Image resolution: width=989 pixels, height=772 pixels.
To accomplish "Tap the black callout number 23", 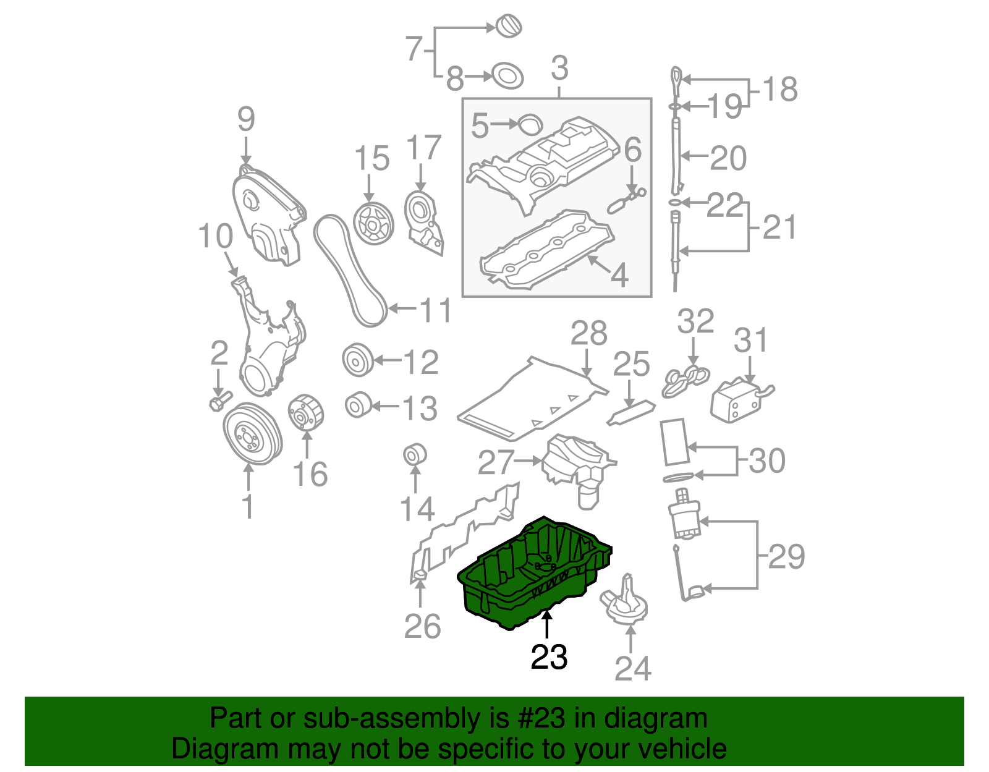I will pyautogui.click(x=549, y=657).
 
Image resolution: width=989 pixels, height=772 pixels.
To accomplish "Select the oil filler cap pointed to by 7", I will pyautogui.click(x=509, y=27).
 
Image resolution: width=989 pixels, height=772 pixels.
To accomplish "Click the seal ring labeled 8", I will pyautogui.click(x=507, y=77).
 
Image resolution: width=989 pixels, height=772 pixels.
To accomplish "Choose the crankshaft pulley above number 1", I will pyautogui.click(x=252, y=435).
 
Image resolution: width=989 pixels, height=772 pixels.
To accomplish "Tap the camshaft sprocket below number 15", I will pyautogui.click(x=373, y=224).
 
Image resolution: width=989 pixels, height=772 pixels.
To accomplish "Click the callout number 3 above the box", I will pyautogui.click(x=559, y=68).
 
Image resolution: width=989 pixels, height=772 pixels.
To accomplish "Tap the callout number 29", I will pyautogui.click(x=786, y=556).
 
